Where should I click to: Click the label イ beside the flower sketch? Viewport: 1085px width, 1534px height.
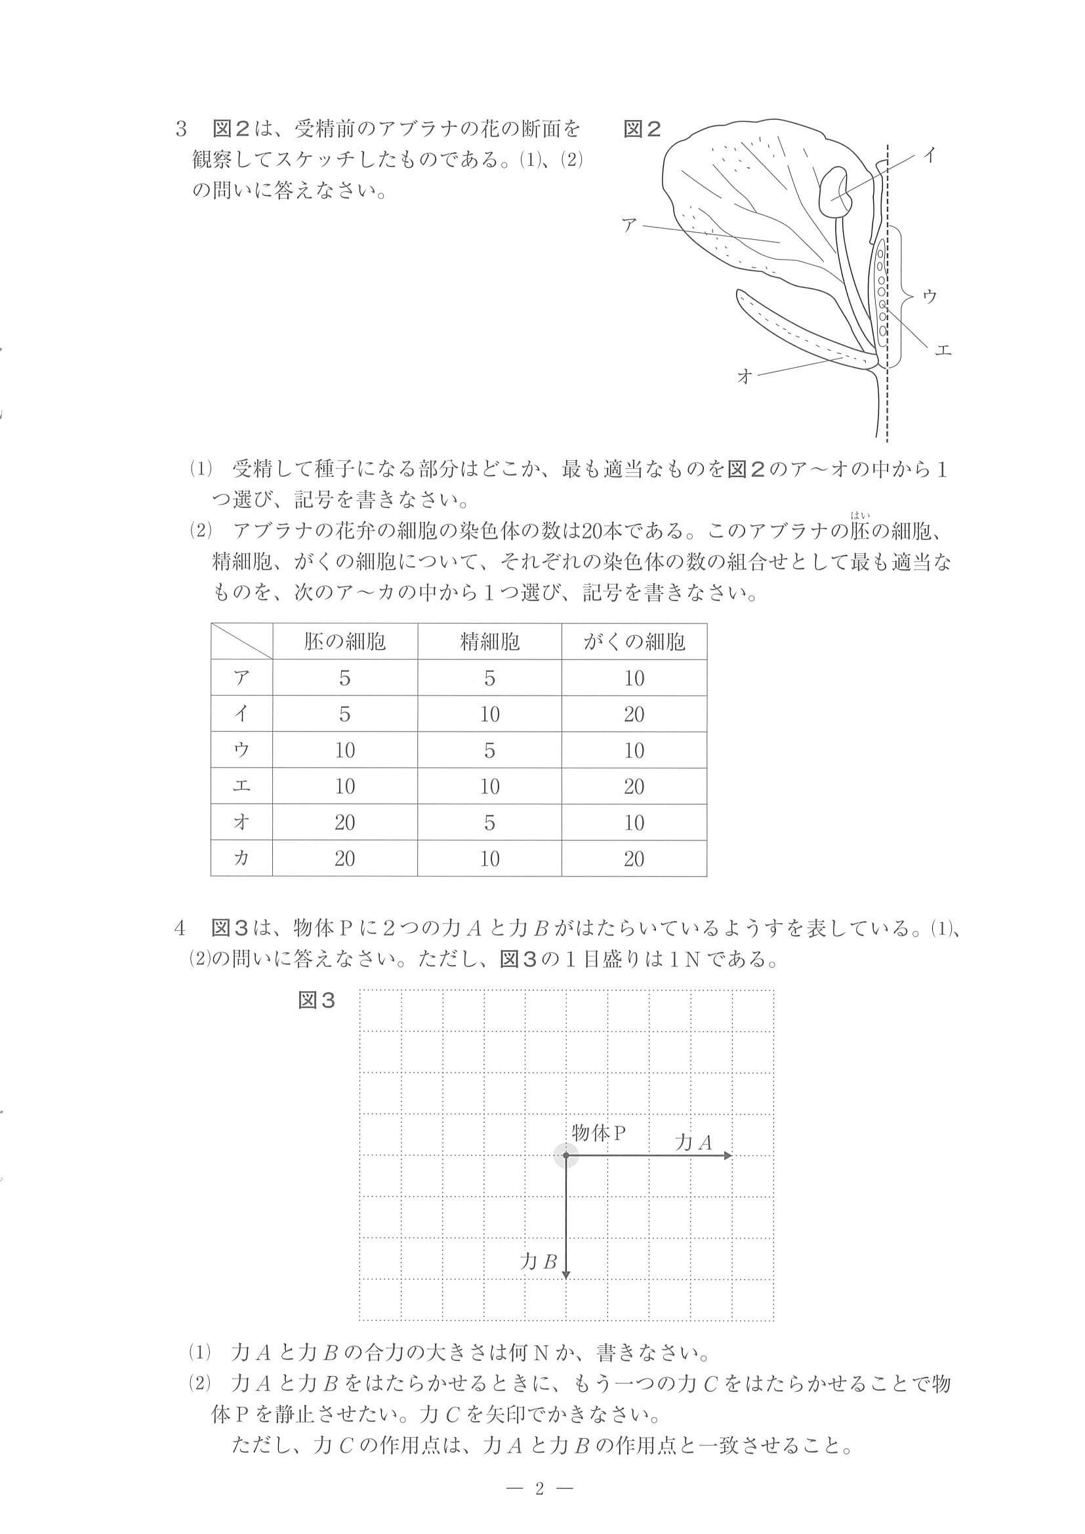930,155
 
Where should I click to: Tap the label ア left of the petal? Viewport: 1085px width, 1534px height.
629,224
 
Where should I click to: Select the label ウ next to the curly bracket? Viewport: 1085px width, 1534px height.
930,297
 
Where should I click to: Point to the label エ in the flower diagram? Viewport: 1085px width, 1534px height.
943,349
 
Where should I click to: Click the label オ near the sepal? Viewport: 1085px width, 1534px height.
744,376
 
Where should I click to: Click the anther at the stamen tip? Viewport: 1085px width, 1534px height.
836,191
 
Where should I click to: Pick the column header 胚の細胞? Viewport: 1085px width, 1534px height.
344,642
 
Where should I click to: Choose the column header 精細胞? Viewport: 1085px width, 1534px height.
489,642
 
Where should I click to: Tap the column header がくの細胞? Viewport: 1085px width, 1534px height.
634,642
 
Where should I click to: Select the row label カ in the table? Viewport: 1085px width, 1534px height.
241,858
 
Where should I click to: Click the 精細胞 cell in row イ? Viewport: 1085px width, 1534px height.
489,714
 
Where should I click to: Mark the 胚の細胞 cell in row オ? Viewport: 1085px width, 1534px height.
344,823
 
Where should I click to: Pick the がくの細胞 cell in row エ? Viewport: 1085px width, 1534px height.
634,787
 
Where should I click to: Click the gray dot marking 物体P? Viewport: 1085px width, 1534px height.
566,1155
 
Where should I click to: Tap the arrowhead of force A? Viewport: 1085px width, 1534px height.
729,1155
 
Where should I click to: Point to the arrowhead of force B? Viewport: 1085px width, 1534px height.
566,1274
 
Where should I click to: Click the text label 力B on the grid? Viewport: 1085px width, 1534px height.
539,1261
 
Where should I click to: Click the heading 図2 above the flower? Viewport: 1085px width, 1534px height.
642,129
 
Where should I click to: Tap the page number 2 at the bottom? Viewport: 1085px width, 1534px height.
540,1487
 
